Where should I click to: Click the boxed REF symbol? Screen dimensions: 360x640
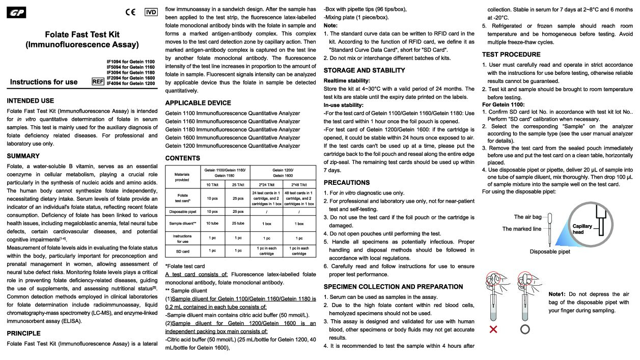click(x=98, y=81)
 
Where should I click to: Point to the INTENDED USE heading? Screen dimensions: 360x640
click(x=30, y=101)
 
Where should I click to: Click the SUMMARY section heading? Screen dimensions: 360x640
click(x=23, y=156)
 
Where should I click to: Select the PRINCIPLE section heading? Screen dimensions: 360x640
click(x=23, y=333)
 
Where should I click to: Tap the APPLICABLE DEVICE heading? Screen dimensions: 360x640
click(x=198, y=103)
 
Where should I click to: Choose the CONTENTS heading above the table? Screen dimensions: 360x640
click(x=183, y=158)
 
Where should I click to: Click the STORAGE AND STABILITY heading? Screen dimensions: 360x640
click(x=365, y=70)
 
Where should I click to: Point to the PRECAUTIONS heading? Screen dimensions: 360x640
click(x=347, y=182)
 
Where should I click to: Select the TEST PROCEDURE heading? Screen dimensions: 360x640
click(x=511, y=54)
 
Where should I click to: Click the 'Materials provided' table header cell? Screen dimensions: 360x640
click(x=182, y=176)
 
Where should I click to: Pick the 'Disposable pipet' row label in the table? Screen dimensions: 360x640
click(x=182, y=211)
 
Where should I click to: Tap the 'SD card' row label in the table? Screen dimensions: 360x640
click(x=182, y=251)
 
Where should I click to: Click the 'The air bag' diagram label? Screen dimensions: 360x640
click(x=528, y=217)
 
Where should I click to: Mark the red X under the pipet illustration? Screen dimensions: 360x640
click(x=493, y=329)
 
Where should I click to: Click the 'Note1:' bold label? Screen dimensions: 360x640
click(x=558, y=294)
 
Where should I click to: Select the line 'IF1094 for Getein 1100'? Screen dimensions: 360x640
click(x=130, y=62)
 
